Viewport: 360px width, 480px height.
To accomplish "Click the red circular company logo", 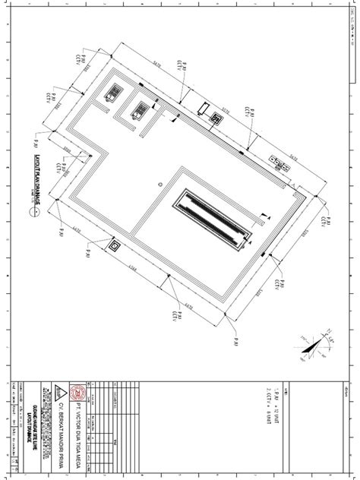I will (x=74, y=395).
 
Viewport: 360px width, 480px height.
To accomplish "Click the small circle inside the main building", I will (x=160, y=184).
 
